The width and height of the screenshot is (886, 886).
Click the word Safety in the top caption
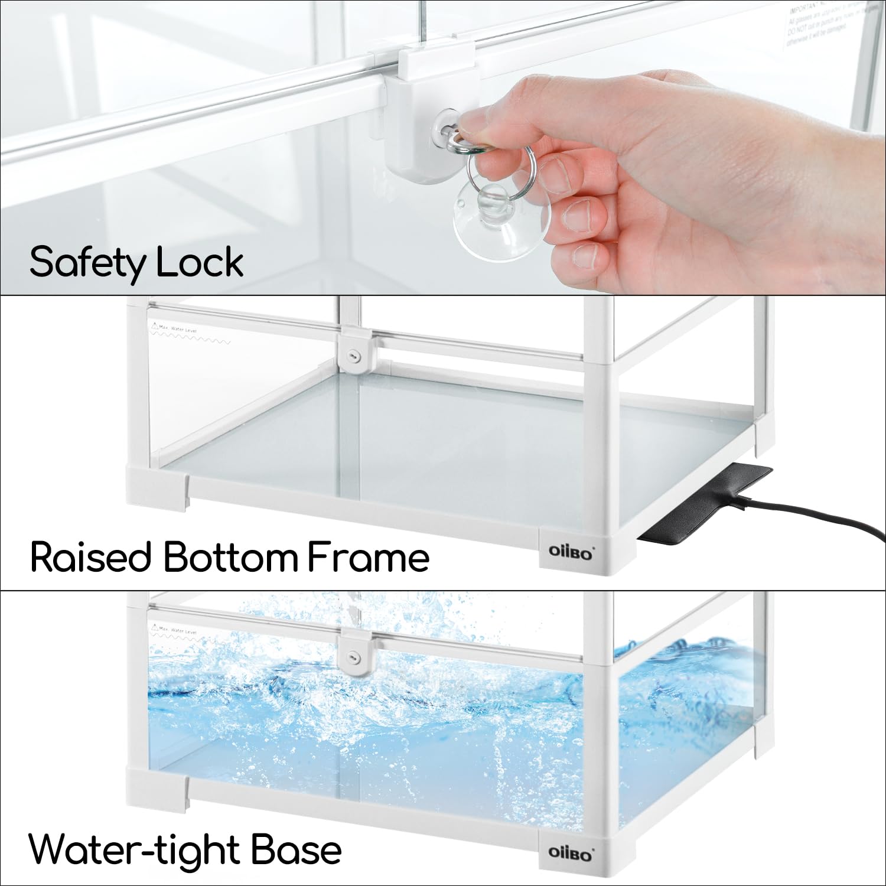click(x=87, y=262)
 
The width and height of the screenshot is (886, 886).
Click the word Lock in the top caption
click(x=200, y=262)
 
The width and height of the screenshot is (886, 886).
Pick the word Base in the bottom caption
click(x=295, y=850)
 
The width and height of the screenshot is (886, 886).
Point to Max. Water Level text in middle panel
click(x=177, y=329)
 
